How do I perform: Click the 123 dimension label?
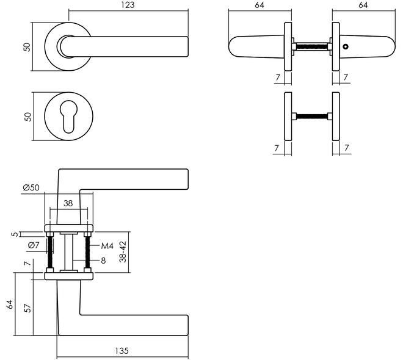pos(128,5)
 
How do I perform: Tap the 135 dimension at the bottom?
pos(122,350)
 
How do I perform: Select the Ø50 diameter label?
pos(31,187)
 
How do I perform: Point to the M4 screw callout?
pos(107,246)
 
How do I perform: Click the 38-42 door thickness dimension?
pos(123,251)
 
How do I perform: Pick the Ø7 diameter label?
pos(34,245)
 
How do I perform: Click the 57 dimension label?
pos(27,308)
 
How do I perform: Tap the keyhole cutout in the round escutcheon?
pos(68,117)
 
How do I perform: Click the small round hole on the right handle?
pos(346,47)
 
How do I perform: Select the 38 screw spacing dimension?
pos(68,203)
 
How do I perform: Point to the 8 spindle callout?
pos(103,261)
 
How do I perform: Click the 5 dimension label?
pos(15,234)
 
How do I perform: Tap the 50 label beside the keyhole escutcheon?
pos(27,117)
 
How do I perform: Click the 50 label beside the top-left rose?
pos(27,47)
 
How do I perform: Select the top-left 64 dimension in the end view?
pos(260,5)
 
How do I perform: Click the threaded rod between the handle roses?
pos(312,47)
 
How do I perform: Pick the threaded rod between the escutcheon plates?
pos(312,117)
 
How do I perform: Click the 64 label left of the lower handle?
pos(10,304)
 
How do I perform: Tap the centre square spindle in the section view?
pos(68,252)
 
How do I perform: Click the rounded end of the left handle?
pos(234,47)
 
